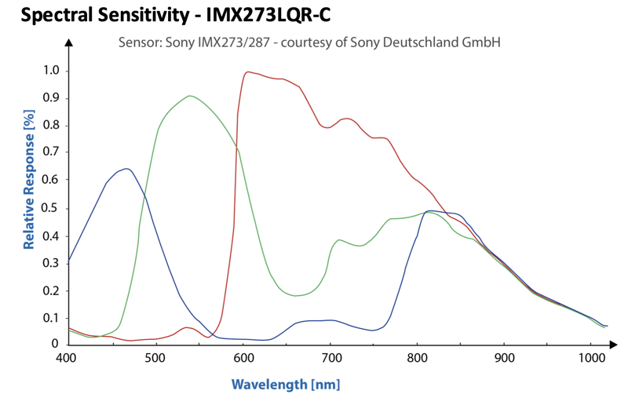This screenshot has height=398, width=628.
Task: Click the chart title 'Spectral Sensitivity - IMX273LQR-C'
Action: pyautogui.click(x=175, y=15)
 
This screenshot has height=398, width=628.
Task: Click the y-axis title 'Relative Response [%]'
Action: pyautogui.click(x=29, y=180)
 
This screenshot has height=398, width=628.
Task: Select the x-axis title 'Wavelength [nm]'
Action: pyautogui.click(x=286, y=385)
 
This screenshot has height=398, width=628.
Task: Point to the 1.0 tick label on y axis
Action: pyautogui.click(x=50, y=71)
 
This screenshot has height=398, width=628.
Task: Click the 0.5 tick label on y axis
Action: pyautogui.click(x=50, y=208)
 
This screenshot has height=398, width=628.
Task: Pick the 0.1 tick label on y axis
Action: pyautogui.click(x=50, y=318)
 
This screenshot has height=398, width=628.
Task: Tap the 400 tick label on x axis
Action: pyautogui.click(x=66, y=357)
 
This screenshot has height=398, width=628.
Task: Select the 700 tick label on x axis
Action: pyautogui.click(x=330, y=357)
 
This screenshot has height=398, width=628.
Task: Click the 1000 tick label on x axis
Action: pyautogui.click(x=592, y=357)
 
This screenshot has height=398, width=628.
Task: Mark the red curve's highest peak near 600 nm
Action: pyautogui.click(x=248, y=72)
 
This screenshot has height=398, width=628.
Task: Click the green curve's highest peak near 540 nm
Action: pyautogui.click(x=189, y=96)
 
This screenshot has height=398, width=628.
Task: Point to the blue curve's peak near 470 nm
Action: pyautogui.click(x=127, y=169)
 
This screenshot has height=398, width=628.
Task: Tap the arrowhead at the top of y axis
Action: pyautogui.click(x=69, y=42)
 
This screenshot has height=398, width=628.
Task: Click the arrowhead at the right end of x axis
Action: pyautogui.click(x=613, y=344)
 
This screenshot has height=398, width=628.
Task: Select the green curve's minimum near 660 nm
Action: pyautogui.click(x=295, y=295)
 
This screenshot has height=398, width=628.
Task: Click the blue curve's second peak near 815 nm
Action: pyautogui.click(x=429, y=210)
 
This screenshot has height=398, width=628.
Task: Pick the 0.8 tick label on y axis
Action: pyautogui.click(x=50, y=126)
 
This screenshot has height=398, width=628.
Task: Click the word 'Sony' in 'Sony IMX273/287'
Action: pyautogui.click(x=180, y=42)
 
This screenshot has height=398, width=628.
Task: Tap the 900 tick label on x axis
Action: pyautogui.click(x=504, y=357)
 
